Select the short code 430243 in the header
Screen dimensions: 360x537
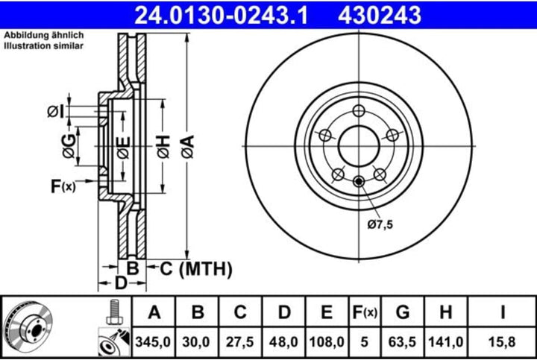[x=380, y=14]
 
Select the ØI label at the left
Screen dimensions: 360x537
[x=54, y=111]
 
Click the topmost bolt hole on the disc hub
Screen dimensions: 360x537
[x=359, y=111]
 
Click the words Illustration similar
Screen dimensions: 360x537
[x=44, y=46]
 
